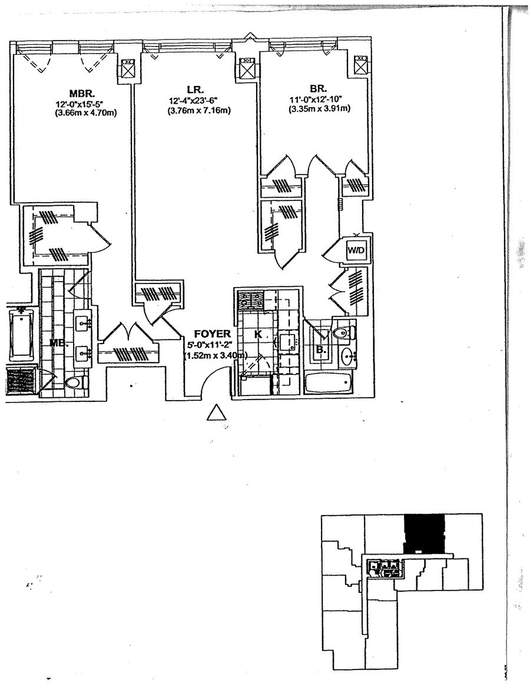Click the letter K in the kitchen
[257, 334]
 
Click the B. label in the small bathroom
[321, 348]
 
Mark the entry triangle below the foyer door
[217, 413]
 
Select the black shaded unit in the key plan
[423, 532]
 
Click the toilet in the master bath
[74, 383]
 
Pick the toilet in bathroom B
[342, 334]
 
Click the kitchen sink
[287, 342]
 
